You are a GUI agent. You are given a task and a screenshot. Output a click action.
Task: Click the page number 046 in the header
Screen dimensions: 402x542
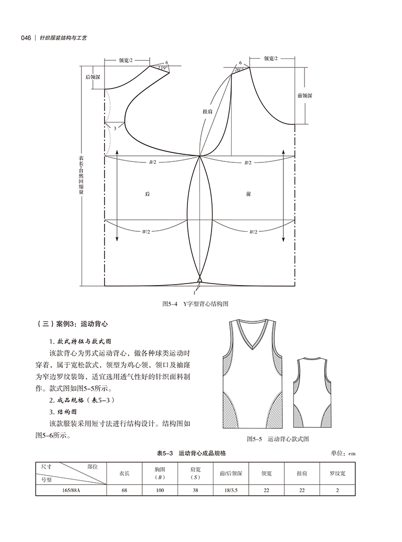26,38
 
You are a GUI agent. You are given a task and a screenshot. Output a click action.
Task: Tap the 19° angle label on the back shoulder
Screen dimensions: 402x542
162,68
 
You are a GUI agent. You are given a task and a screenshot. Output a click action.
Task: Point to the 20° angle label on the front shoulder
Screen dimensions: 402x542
239,70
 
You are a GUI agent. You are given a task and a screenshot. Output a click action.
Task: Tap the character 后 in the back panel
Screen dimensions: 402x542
147,194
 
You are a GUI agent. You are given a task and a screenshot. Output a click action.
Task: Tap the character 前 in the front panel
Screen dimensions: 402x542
248,194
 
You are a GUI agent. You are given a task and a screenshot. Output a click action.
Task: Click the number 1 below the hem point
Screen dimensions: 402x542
194,292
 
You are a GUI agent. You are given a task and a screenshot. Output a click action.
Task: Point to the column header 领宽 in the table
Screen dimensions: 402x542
267,473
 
